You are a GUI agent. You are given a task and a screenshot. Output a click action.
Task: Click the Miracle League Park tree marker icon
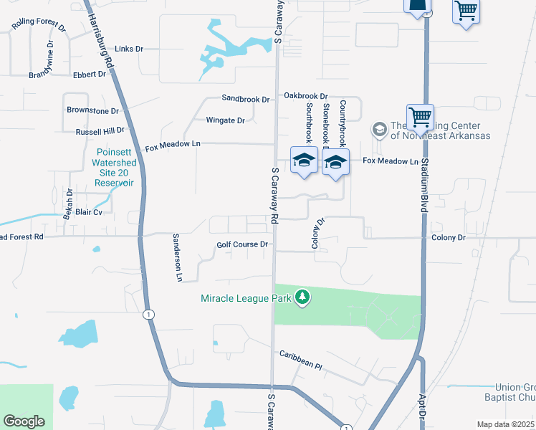coord(302,297)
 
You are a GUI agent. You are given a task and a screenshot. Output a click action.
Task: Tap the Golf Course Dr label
coord(242,244)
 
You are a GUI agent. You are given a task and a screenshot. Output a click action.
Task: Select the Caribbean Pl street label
coord(301,360)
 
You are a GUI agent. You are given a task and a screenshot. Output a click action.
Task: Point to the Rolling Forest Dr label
coord(38,27)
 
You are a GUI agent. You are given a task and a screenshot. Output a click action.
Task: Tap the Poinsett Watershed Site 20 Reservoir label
coord(115,168)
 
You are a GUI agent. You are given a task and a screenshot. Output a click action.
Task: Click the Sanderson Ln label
coord(176,257)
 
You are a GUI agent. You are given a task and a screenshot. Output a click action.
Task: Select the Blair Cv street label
coord(89,213)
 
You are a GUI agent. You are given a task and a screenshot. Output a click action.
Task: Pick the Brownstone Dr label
coord(92,111)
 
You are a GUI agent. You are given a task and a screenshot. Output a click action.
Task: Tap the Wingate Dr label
coord(225,120)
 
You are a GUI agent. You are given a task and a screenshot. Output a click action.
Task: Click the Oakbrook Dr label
coord(305,95)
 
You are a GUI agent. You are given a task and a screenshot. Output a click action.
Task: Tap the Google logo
coord(24,421)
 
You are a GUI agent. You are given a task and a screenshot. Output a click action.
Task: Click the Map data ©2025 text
coord(505,424)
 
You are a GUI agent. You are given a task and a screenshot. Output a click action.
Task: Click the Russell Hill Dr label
coord(100,132)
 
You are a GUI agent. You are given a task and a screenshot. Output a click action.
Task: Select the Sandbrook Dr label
coord(245,99)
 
